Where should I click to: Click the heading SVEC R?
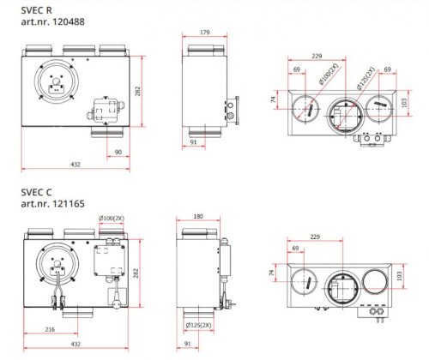pos(36,10)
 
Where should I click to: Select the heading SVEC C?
pos(36,192)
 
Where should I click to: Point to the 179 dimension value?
pos(204,33)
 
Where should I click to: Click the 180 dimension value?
pos(198,217)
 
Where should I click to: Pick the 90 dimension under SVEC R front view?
pos(118,153)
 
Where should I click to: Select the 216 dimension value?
pos(50,329)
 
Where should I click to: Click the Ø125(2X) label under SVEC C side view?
pos(198,325)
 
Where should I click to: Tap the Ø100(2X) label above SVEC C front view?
pos(112,219)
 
